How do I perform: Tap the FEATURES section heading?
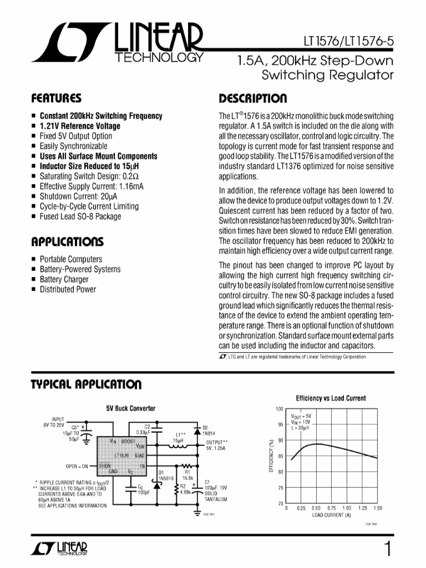57,99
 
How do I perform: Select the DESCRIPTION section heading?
253,99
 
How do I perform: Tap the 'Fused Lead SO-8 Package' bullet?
80,216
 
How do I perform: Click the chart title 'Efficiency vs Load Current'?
331,398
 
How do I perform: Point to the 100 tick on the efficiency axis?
280,409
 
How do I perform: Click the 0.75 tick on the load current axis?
331,508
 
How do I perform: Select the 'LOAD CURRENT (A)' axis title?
331,515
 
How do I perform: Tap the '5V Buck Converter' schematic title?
131,408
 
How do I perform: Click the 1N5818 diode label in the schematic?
166,477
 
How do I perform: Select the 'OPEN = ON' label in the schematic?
78,465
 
